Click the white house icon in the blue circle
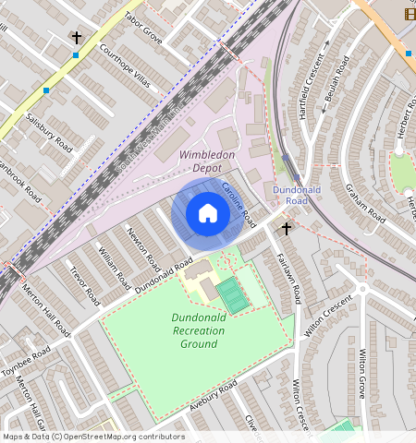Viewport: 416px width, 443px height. pyautogui.click(x=208, y=214)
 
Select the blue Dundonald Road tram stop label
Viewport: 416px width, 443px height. pyautogui.click(x=289, y=195)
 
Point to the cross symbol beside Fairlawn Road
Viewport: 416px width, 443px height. pyautogui.click(x=287, y=228)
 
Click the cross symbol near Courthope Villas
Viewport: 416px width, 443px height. pyautogui.click(x=76, y=39)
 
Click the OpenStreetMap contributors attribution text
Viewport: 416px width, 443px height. pyautogui.click(x=92, y=437)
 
